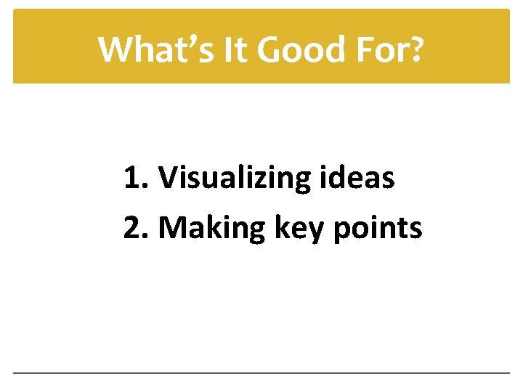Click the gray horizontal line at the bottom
pos(261,373)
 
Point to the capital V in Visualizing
pos(167,178)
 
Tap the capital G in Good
pos(269,49)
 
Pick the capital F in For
pos(361,49)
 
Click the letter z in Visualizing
pos(249,181)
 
